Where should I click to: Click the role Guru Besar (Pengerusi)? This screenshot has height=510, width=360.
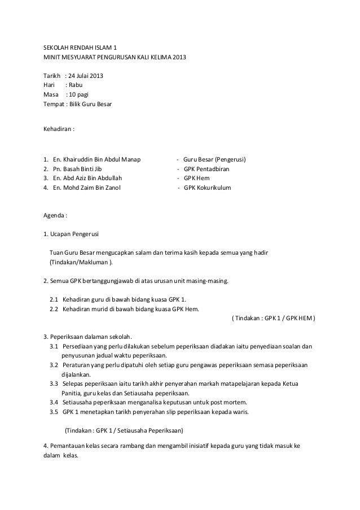[215, 159]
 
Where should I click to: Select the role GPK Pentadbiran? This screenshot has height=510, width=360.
[207, 169]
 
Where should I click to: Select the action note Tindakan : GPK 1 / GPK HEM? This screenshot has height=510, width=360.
[274, 317]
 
